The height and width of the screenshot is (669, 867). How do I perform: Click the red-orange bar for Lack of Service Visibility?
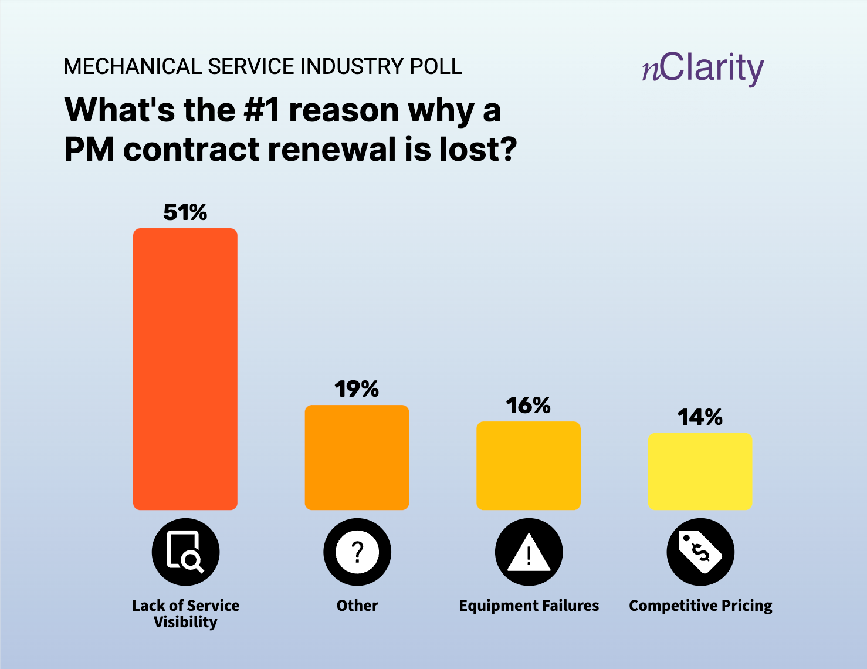point(185,369)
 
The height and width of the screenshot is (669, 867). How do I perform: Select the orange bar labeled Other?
point(357,457)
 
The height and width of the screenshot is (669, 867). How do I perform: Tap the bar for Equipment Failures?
point(529,465)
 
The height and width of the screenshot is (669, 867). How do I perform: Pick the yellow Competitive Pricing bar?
point(700,471)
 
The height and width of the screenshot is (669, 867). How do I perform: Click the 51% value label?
point(185,212)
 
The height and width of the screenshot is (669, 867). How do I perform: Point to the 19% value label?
point(357,389)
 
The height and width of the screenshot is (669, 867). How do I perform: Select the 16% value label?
point(529,406)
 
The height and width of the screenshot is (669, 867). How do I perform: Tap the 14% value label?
point(700,417)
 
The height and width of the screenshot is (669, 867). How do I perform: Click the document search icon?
point(185,552)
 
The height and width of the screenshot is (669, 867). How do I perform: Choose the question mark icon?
point(357,552)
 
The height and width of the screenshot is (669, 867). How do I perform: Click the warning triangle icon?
point(529,552)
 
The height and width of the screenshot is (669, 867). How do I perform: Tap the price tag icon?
point(700,552)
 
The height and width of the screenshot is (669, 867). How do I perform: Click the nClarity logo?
point(703,68)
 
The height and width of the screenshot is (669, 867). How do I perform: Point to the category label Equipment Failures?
point(529,606)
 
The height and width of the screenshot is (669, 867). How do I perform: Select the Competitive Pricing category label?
point(700,606)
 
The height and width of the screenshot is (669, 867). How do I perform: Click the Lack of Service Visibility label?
point(185,613)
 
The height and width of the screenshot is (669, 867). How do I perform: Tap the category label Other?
point(357,606)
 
